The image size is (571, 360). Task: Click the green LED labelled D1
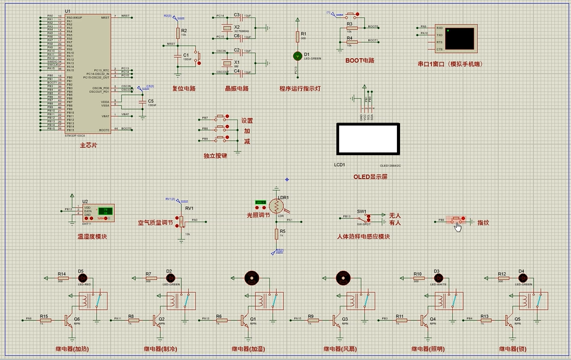297,56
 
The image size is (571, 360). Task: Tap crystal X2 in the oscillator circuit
227,28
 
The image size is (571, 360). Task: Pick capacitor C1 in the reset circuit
178,57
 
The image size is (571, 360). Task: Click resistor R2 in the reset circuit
178,33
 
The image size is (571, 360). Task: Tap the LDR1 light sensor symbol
276,205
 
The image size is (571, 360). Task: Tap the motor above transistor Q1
252,277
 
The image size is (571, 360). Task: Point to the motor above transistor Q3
342,277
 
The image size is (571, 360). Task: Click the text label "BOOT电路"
359,61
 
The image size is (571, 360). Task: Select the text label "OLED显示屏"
370,177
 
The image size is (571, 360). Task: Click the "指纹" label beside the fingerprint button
483,222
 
